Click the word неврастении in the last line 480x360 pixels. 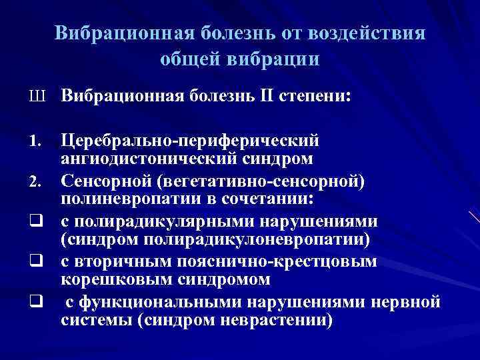[x=284, y=320]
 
